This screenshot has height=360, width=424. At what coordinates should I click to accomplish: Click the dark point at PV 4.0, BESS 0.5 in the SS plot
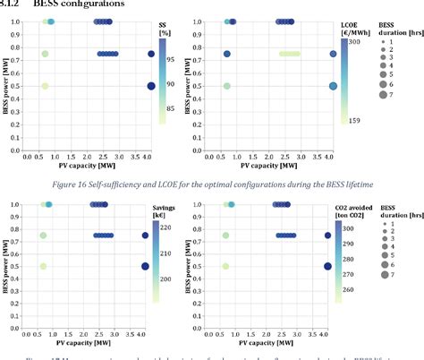click(x=151, y=86)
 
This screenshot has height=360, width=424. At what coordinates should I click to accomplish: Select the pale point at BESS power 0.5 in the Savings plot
click(x=44, y=266)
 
